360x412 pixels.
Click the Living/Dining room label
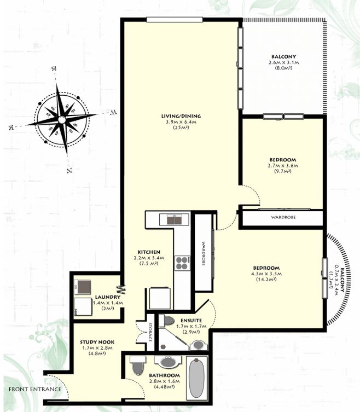pos(181,116)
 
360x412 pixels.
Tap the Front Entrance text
pos(35,389)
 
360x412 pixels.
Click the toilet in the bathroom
pos(137,365)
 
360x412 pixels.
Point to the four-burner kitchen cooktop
pos(182,263)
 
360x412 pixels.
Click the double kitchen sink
pos(175,219)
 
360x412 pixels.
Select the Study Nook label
pos(97,342)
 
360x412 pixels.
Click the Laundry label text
pos(108,297)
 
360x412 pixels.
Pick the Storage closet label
pos(150,332)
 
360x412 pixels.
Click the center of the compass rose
pos(62,120)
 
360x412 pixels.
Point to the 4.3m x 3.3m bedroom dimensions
pos(266,274)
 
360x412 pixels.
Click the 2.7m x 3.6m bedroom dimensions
pos(283,166)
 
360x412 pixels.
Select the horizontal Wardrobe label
pos(283,217)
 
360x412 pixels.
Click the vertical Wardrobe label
pos(204,253)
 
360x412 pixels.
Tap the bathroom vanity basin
pos(168,362)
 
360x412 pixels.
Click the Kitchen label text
pos(149,252)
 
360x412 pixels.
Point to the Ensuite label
pos(191,321)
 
